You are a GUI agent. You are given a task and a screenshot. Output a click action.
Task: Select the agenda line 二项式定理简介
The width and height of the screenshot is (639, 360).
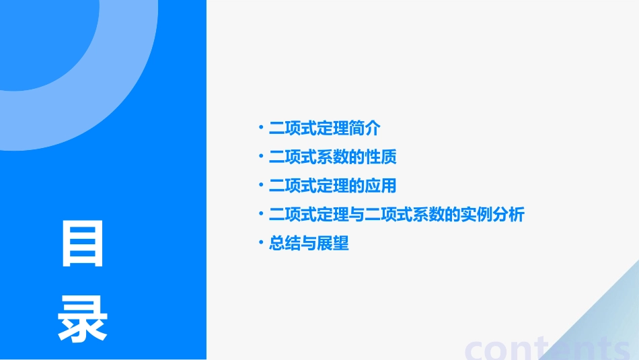point(324,128)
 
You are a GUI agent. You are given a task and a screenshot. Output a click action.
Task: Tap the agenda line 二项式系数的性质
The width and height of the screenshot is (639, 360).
point(332,157)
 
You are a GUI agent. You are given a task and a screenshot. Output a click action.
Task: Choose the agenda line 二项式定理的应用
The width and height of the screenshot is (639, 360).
point(332,186)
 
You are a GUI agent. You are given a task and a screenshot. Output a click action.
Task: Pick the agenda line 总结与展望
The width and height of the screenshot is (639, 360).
point(309,244)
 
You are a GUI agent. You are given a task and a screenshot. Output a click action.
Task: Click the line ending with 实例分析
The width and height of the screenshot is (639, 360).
point(396,215)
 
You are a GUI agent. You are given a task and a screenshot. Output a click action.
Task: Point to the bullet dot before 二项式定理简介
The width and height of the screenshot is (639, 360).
point(261,127)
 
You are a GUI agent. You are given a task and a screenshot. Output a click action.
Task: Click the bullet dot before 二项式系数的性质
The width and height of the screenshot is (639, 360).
point(261,156)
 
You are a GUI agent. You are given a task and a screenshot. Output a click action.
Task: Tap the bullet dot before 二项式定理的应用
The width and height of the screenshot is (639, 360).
point(261,185)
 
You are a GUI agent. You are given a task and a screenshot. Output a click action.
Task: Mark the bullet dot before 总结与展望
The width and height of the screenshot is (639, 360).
point(261,243)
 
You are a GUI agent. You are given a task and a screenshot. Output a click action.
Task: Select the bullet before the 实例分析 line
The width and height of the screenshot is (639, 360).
point(261,214)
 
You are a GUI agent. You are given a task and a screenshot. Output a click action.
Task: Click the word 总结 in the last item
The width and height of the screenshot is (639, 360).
point(285,244)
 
